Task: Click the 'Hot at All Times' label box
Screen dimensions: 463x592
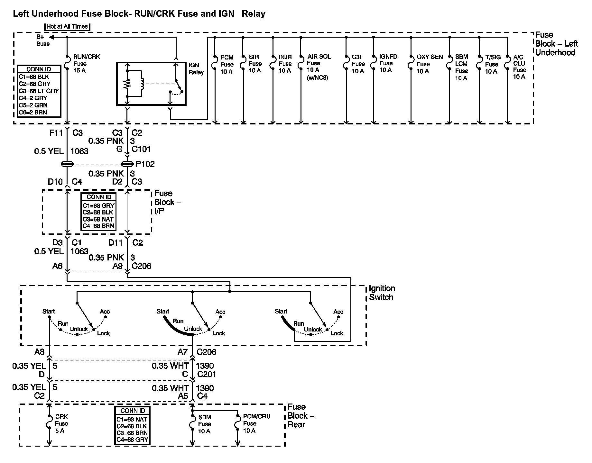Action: [x=67, y=27]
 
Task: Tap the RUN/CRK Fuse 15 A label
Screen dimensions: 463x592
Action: [x=86, y=63]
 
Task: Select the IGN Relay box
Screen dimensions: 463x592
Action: [x=151, y=84]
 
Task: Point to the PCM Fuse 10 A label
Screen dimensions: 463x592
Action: [x=227, y=64]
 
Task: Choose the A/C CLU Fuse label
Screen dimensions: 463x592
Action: [x=519, y=67]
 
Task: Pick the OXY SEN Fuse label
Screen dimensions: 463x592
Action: [x=429, y=64]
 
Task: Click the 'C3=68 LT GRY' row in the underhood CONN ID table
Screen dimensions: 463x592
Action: [x=39, y=91]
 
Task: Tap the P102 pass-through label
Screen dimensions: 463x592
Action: [x=145, y=164]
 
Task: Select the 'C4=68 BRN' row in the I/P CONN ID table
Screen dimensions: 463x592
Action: [x=98, y=226]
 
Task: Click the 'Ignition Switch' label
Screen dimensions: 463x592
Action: [x=382, y=293]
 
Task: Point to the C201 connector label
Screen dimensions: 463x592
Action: [x=206, y=374]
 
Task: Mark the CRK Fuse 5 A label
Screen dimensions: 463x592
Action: [x=61, y=423]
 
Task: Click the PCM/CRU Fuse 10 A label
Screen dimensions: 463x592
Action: [x=256, y=423]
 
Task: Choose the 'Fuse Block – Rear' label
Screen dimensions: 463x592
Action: [x=301, y=416]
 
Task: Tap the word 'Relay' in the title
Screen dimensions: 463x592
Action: [x=254, y=14]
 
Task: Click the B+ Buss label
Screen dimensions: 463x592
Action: [x=42, y=41]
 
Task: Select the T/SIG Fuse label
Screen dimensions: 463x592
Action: [x=493, y=64]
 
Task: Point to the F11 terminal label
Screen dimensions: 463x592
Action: [x=56, y=133]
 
